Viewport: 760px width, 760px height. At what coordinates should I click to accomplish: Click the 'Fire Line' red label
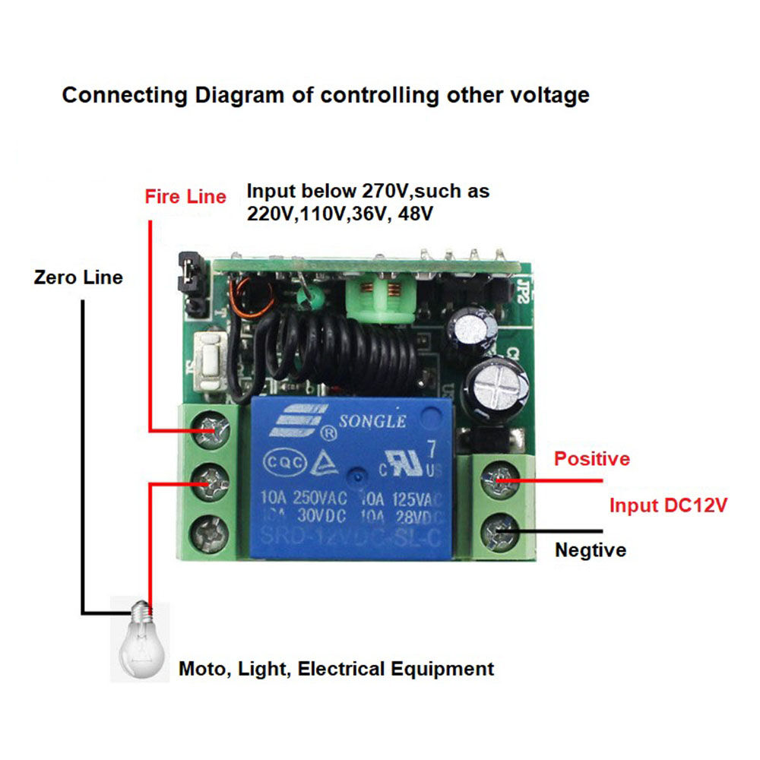pyautogui.click(x=185, y=197)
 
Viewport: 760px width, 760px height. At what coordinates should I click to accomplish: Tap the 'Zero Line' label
pyautogui.click(x=78, y=277)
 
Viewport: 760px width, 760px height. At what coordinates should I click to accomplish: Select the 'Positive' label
pyautogui.click(x=592, y=459)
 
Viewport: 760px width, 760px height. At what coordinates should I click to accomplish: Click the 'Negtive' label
pyautogui.click(x=591, y=549)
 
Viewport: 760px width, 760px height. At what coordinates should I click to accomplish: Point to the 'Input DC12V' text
pyautogui.click(x=669, y=505)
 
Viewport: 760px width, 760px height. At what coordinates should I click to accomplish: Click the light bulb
pyautogui.click(x=141, y=638)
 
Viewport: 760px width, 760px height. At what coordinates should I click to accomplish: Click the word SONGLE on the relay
pyautogui.click(x=372, y=422)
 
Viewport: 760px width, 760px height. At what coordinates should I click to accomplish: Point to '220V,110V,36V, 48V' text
pyautogui.click(x=340, y=214)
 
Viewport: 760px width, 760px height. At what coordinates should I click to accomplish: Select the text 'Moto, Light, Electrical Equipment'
pyautogui.click(x=336, y=669)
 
